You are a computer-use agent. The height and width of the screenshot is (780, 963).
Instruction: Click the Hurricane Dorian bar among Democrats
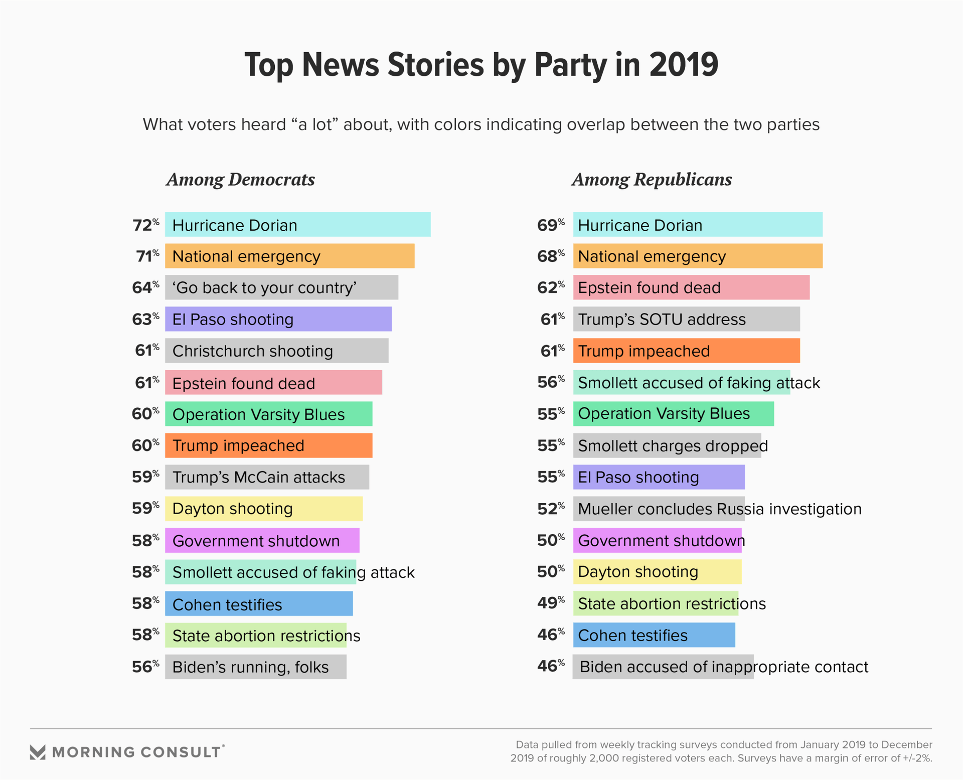click(297, 225)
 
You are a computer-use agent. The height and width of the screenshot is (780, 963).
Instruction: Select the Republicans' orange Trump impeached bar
click(686, 351)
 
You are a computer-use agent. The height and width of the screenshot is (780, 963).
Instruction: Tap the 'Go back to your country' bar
click(281, 287)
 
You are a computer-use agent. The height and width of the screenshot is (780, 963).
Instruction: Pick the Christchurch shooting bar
click(276, 351)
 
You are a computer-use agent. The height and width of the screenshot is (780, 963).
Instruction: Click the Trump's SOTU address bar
click(686, 319)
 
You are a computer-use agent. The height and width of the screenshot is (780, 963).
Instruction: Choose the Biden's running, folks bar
click(255, 667)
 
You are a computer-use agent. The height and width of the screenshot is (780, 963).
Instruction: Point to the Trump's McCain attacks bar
click(267, 477)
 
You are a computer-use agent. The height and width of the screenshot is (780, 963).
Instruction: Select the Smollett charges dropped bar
click(667, 445)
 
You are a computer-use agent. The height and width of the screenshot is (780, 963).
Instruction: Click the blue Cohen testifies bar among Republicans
click(654, 635)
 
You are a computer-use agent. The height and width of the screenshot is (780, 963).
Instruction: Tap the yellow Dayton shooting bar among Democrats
click(263, 509)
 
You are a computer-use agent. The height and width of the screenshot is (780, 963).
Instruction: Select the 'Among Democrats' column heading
click(240, 179)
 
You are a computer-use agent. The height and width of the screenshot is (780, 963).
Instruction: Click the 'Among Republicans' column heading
click(652, 179)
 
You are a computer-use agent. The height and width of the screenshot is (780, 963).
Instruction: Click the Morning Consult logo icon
click(38, 752)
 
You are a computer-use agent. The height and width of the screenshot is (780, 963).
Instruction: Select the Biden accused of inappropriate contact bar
click(663, 667)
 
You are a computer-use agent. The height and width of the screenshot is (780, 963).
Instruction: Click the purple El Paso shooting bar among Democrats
click(278, 319)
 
